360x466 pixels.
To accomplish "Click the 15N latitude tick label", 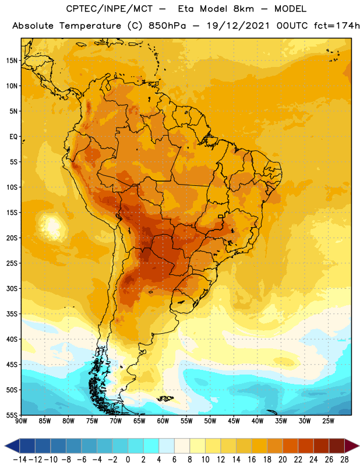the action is [x=12, y=61].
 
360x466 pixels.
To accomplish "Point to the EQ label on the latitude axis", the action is [x=13, y=137].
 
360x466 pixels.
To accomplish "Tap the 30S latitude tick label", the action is [x=12, y=288].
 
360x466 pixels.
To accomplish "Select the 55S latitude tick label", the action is [x=12, y=415].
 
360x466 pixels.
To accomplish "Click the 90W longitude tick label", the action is [x=21, y=421].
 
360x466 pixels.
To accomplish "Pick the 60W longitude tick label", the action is [x=163, y=421].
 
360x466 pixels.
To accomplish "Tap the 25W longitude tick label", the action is [x=328, y=421].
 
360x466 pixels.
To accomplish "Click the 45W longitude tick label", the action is [x=234, y=421].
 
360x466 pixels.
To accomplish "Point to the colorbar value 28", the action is [x=344, y=460].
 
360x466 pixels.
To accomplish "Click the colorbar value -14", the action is [x=20, y=460].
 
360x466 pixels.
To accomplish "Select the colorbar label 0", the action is [x=128, y=460].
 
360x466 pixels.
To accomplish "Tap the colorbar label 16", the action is [x=252, y=460].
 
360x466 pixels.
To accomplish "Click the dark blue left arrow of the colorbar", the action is [x=12, y=446].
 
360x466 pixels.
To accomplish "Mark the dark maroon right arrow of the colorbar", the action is [x=352, y=446].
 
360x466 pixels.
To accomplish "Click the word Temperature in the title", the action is [x=90, y=26].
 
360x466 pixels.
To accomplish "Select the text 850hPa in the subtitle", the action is [x=167, y=26].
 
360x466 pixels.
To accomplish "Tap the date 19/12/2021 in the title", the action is [x=238, y=26].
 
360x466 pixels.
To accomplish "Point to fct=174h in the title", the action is [x=337, y=26].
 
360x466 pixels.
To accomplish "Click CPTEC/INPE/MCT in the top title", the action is [x=109, y=9].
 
